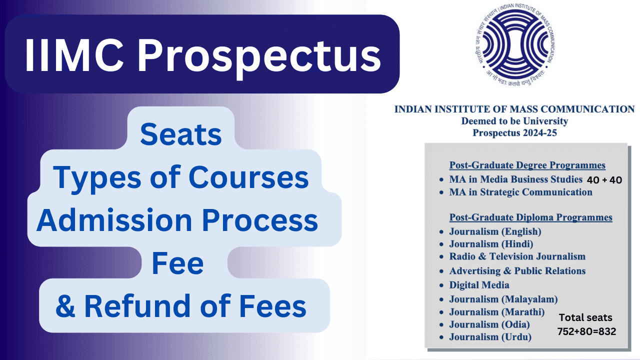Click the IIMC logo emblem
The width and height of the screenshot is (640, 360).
tap(514, 44)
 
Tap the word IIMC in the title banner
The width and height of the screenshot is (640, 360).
tap(74, 55)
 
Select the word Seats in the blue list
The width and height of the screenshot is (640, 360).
tap(181, 134)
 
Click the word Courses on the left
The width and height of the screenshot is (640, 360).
tap(248, 177)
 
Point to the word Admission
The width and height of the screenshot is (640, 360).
tap(114, 220)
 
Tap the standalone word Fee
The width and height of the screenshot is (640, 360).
tap(177, 263)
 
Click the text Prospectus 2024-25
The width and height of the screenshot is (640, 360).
tap(514, 133)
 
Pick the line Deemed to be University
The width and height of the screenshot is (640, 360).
tap(514, 121)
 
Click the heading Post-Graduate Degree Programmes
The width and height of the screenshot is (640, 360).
tap(527, 165)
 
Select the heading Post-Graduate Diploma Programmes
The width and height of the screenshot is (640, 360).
tap(530, 217)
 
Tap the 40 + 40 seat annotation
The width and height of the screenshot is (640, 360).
tap(604, 180)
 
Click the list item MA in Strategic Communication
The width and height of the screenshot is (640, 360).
tap(520, 192)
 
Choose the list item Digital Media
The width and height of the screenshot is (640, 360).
tap(479, 285)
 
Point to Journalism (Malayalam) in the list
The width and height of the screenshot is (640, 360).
tap(503, 299)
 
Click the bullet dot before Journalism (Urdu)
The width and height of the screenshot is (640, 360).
tap(441, 337)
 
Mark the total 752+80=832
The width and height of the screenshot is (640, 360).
tap(586, 331)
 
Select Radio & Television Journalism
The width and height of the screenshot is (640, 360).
tap(517, 256)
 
